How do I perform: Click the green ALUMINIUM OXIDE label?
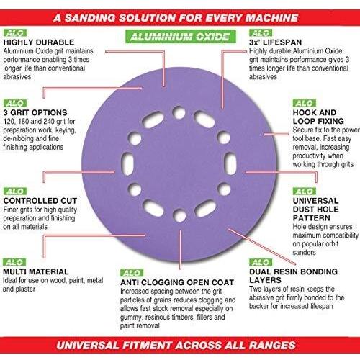181,37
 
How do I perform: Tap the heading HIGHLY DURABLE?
39,42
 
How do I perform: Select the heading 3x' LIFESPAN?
275,42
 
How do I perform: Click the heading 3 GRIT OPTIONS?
35,112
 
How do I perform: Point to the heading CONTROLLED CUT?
40,201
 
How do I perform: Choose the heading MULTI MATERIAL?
36,271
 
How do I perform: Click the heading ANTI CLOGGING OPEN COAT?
177,282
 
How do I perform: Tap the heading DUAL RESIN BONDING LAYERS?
293,276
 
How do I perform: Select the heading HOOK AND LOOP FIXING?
318,117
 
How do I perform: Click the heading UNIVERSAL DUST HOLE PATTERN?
315,210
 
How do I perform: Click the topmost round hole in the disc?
179,112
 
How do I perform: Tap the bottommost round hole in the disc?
179,215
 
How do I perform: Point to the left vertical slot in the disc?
127,163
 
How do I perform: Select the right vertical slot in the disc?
230,163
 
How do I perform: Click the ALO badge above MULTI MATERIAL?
14,262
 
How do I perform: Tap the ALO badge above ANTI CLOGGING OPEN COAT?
132,273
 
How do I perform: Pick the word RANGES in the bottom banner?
272,345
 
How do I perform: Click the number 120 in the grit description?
9,122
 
